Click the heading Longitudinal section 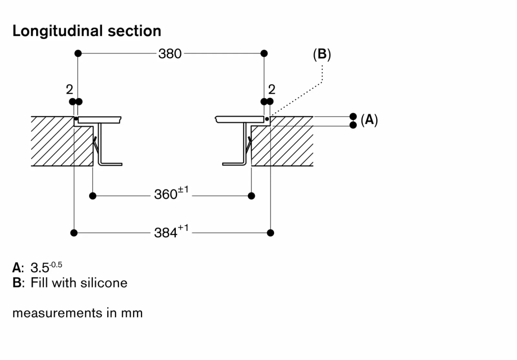point(87,31)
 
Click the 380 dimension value point(170,54)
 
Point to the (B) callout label point(321,54)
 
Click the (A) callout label point(369,120)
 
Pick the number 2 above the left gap point(69,90)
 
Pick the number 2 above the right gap point(271,90)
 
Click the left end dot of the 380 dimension point(78,53)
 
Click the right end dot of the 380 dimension point(264,53)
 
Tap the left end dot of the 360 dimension point(93,196)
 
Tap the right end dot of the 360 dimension point(252,196)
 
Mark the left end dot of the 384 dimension point(74,233)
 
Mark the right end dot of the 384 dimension point(270,233)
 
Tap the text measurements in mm point(78,313)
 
